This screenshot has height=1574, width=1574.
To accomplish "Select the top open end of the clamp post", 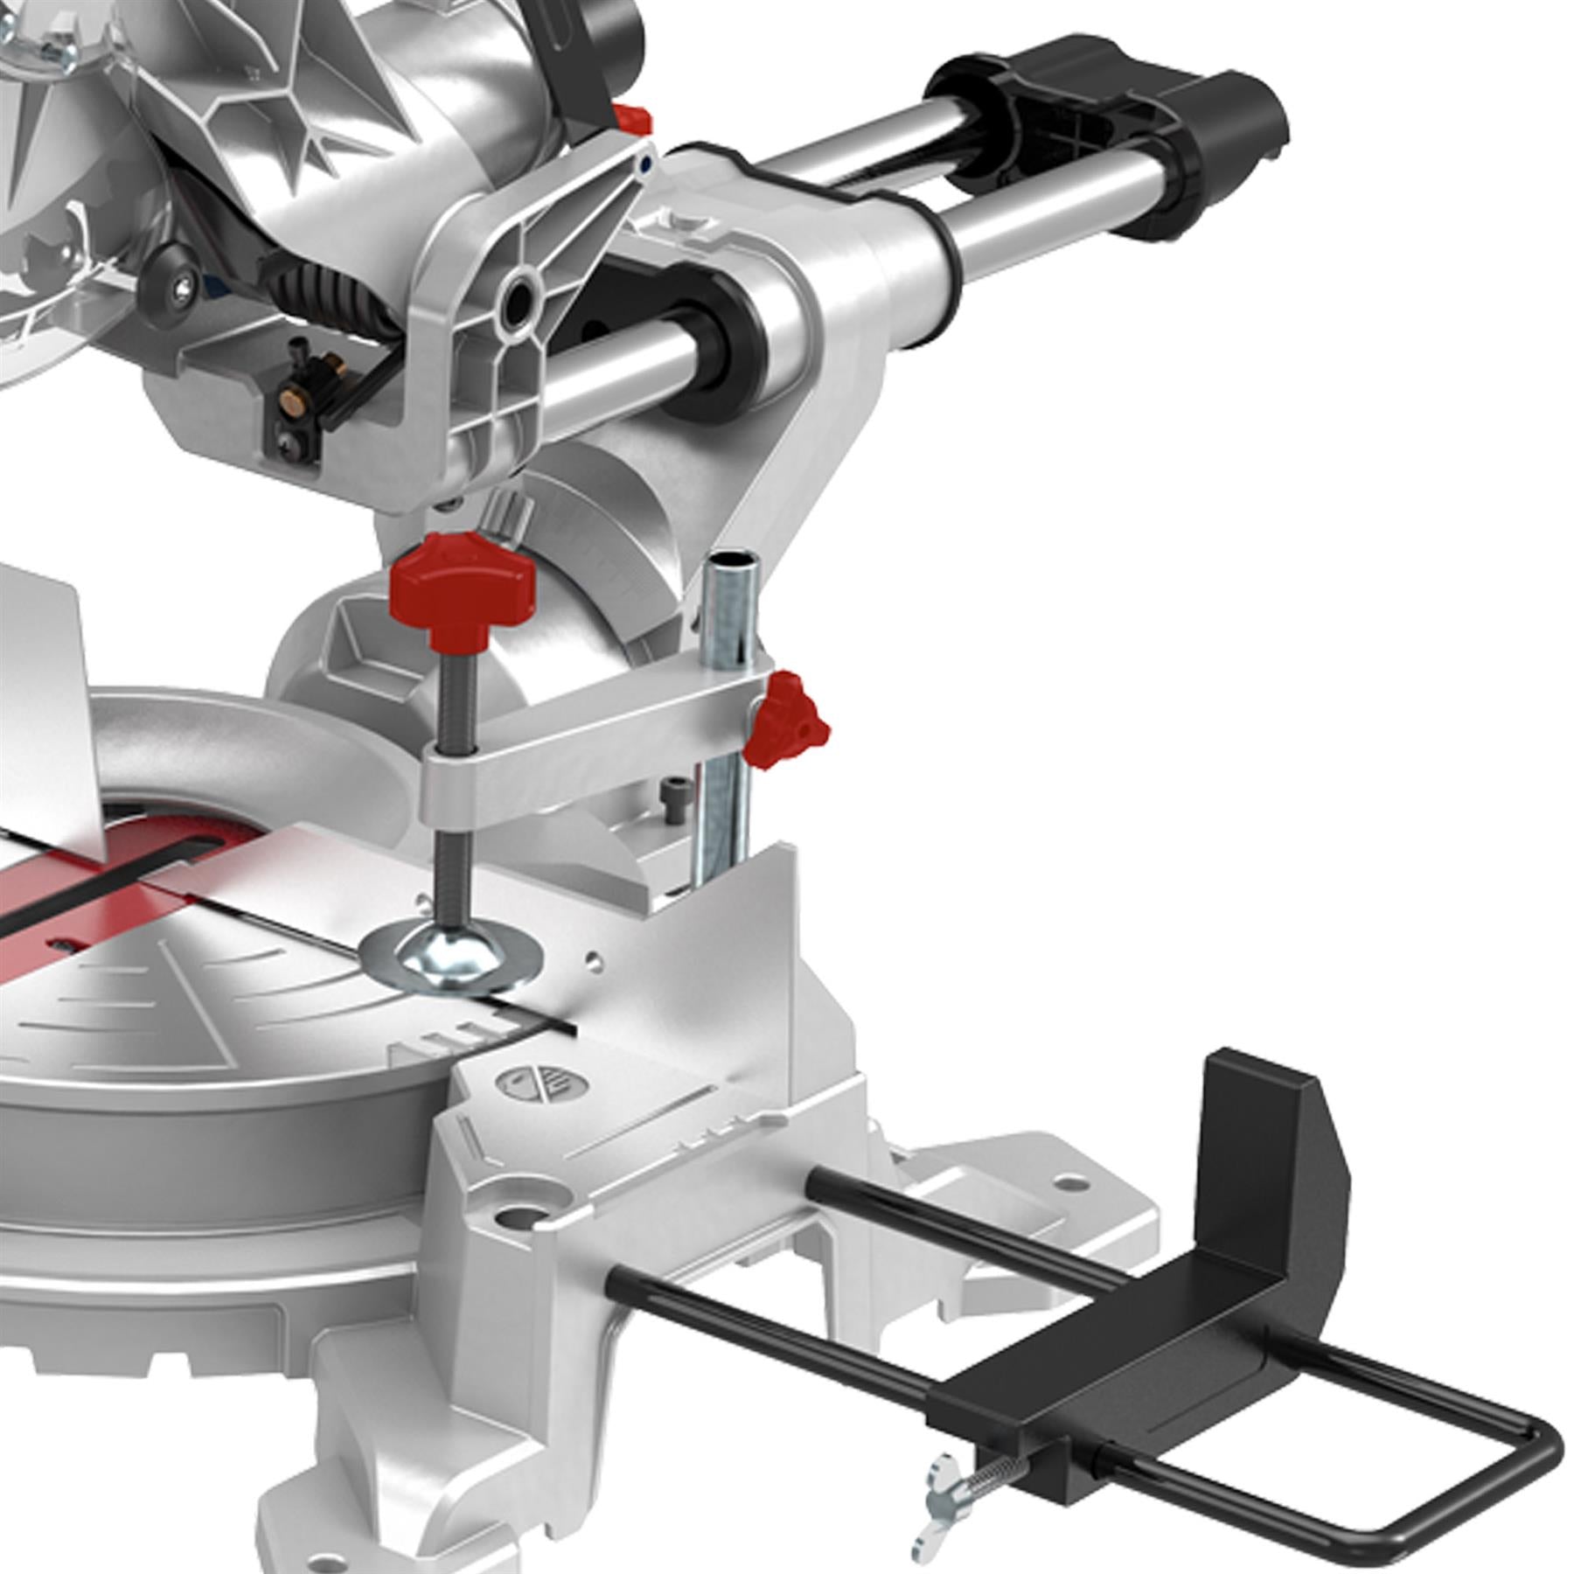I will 733,561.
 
